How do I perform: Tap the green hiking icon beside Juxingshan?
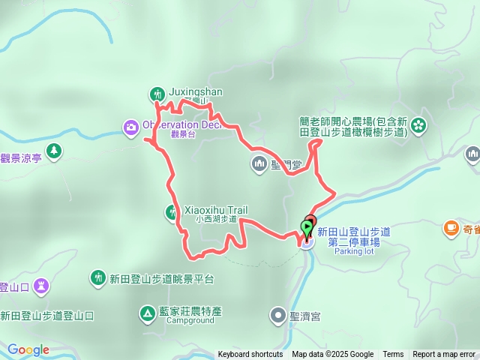(157, 94)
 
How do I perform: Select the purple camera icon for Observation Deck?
(131, 127)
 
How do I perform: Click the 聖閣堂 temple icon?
(259, 163)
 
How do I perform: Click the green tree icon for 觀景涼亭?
(53, 151)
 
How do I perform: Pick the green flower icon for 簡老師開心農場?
(418, 124)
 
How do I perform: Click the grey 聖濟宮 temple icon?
(277, 316)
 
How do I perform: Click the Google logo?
(28, 349)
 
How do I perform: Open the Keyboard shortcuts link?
(250, 355)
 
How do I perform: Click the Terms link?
(393, 355)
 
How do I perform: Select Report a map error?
(444, 355)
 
